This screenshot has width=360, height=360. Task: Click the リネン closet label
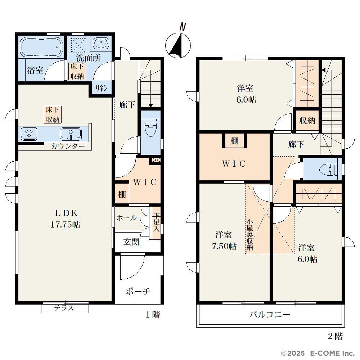pos(101,88)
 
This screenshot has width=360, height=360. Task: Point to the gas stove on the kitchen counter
pos(29,134)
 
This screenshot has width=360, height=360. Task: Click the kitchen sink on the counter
pos(71,134)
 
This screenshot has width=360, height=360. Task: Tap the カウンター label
pos(68,146)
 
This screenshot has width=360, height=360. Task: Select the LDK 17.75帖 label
pos(66,219)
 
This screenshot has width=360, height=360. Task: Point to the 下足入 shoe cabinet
pos(156,223)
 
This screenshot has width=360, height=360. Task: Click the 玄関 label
pos(131,242)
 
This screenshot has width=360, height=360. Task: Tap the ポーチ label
pos(138,292)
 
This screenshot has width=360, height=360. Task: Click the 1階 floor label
pos(153,315)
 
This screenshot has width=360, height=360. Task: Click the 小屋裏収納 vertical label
pos(249,235)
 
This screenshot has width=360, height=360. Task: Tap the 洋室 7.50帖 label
pos(224,240)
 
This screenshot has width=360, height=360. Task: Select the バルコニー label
pos(270,314)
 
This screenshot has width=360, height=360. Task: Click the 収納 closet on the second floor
pos(307,121)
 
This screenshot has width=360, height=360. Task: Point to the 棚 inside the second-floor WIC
pos(234,141)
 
